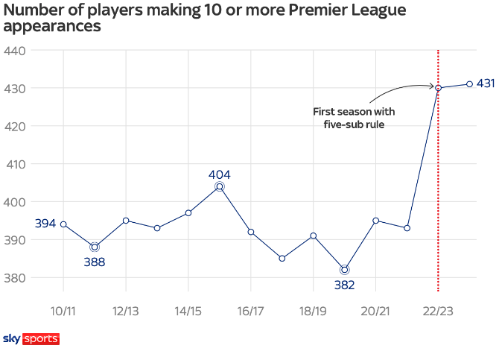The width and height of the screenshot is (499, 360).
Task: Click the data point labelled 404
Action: pos(220,186)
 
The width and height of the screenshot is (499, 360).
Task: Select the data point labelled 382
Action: pos(344,270)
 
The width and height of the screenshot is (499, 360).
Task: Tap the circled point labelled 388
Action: pos(95,247)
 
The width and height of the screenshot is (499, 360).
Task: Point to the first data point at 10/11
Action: pos(63,224)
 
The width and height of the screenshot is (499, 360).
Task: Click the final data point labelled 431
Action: pos(469,84)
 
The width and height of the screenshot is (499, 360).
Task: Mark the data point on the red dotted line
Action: pos(438,88)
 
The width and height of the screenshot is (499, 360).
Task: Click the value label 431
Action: pos(486,83)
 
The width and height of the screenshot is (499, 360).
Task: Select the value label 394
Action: pos(45,223)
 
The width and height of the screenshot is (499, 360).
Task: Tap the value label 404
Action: pos(220,174)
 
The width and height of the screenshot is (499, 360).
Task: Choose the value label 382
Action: pos(344,285)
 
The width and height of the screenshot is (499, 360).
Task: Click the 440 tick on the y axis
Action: pos(15,51)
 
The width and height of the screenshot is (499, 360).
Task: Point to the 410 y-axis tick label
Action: pos(15,164)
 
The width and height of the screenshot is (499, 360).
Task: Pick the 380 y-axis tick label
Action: pos(15,278)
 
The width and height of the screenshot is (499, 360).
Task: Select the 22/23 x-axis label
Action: pos(438,309)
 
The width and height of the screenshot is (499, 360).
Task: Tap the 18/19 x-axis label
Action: pos(313,309)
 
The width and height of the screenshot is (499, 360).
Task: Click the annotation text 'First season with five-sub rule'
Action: pos(354,118)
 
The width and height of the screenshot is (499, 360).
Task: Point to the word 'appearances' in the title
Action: pos(52,27)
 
